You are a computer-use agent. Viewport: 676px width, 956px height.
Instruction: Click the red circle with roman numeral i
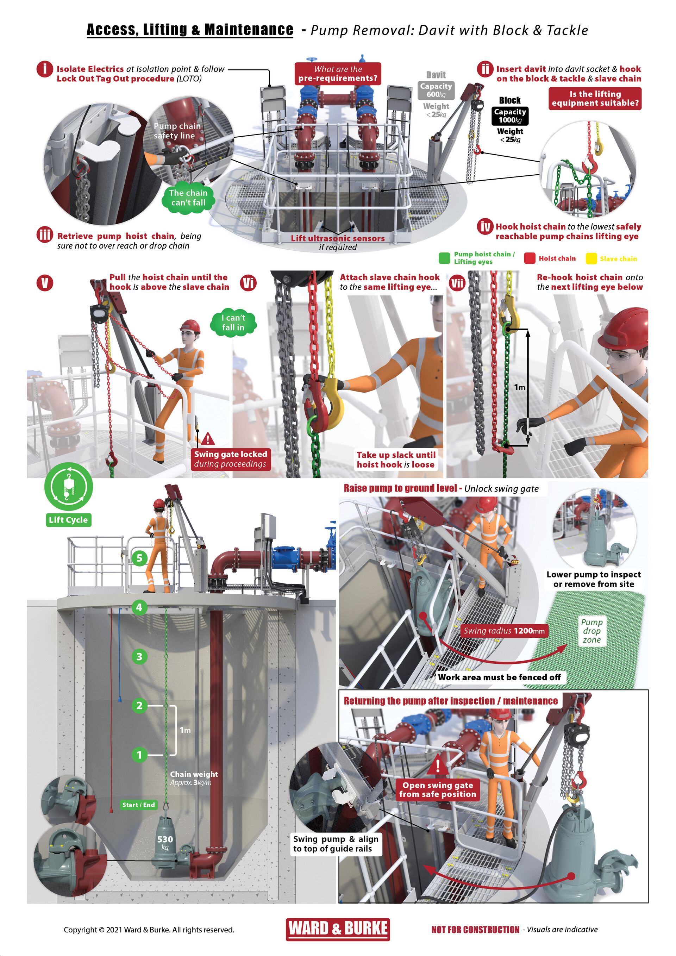(45, 69)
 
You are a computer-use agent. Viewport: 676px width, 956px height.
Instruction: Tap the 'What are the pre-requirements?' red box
(338, 74)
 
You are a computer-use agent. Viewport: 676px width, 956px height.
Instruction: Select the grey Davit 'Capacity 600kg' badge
(436, 90)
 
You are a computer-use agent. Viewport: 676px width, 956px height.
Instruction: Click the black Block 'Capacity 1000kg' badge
(510, 116)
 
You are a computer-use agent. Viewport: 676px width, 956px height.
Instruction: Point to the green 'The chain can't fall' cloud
(188, 198)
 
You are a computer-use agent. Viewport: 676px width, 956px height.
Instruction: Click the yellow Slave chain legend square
(591, 258)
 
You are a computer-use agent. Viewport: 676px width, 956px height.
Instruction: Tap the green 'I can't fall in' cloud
(233, 323)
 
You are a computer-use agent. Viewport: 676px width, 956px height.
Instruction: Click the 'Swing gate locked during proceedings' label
(230, 459)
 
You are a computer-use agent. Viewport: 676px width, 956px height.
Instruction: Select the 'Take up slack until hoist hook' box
(395, 460)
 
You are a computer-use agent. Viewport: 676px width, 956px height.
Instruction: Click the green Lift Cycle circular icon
(68, 487)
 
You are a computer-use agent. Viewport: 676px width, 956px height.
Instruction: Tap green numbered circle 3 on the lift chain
(139, 657)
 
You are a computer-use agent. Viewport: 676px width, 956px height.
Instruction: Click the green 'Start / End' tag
(138, 805)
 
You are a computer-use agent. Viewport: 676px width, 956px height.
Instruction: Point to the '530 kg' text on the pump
(165, 843)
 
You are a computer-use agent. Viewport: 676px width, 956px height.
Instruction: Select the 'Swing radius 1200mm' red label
(504, 631)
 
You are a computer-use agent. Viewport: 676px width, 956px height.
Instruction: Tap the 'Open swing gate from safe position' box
(438, 789)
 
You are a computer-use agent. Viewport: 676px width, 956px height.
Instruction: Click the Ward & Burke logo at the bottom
(338, 929)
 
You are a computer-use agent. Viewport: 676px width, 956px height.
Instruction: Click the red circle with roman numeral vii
(457, 283)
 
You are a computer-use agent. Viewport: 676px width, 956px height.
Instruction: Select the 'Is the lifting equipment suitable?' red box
(595, 99)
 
